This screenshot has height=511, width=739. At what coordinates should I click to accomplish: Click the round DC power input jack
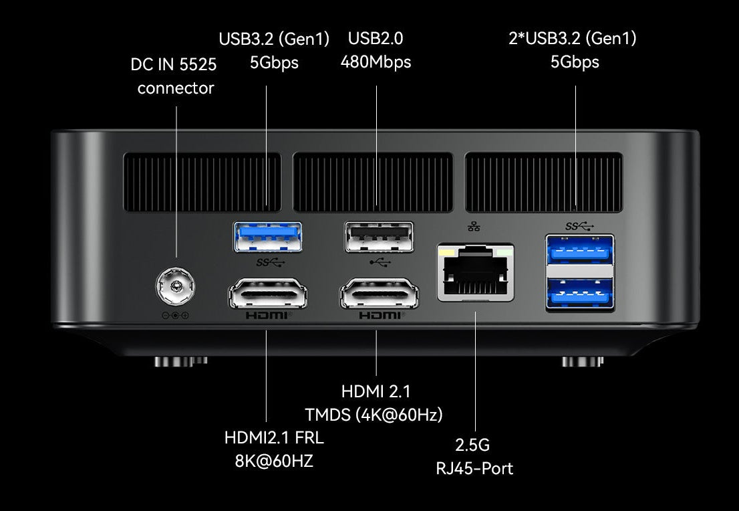tap(176, 288)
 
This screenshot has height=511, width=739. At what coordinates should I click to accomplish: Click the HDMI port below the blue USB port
tap(268, 295)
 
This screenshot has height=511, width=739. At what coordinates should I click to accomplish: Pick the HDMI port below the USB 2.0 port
tap(379, 295)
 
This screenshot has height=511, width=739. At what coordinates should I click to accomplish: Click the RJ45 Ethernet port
tap(475, 272)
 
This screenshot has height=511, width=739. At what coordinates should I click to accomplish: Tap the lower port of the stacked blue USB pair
tap(579, 292)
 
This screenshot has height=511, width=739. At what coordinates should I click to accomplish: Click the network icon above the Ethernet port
tap(474, 227)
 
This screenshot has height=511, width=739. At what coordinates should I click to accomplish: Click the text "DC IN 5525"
tap(174, 64)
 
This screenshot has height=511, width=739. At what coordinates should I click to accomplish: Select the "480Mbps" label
tap(376, 62)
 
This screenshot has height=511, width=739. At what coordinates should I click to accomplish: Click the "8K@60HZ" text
tap(274, 461)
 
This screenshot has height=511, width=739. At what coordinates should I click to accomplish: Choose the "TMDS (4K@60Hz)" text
tap(374, 414)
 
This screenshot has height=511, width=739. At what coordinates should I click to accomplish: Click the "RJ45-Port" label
tap(474, 468)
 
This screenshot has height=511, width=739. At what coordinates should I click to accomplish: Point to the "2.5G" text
tap(473, 445)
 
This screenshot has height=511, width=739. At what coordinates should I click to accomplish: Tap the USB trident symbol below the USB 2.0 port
tap(378, 263)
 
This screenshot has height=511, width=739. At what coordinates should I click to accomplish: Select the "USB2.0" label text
tap(376, 39)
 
